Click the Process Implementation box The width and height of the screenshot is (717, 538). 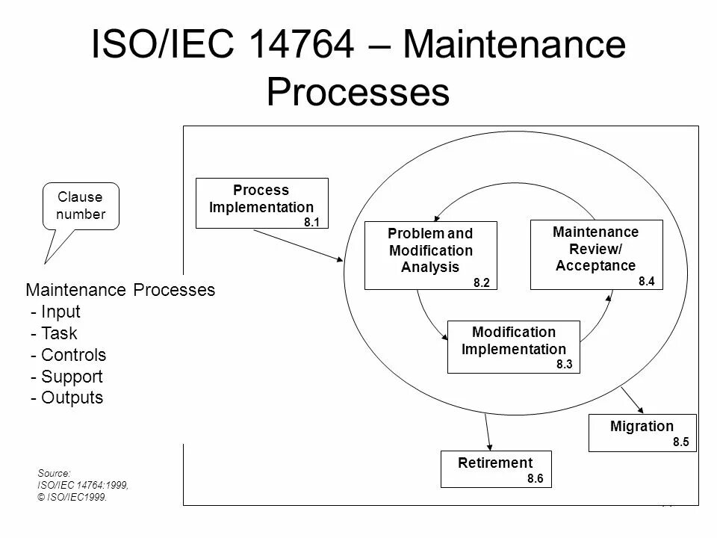point(261,202)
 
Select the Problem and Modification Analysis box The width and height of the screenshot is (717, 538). point(429,255)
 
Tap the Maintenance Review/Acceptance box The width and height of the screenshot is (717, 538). point(595,254)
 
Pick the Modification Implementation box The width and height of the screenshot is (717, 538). point(513,346)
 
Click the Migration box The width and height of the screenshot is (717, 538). point(642,432)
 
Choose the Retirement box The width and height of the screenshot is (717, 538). point(496,469)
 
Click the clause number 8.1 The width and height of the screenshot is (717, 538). point(311,222)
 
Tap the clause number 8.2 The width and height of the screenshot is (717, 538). point(481,282)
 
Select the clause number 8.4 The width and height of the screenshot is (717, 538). point(647,281)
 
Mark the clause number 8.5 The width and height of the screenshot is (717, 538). point(680,442)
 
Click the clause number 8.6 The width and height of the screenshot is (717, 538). point(536,479)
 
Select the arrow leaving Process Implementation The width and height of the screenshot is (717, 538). point(299,245)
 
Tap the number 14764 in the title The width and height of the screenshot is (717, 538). point(302,46)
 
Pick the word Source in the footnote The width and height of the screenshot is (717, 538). point(52,473)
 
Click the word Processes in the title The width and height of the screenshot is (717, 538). point(358,93)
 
